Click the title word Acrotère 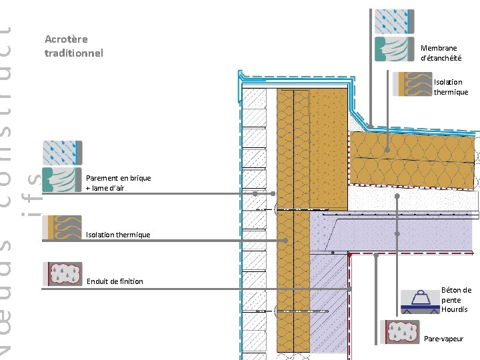tap(66, 39)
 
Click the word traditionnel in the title tap(74, 52)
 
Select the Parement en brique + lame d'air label tap(119, 183)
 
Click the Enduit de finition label tap(115, 281)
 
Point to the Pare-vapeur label tap(443, 339)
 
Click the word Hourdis tap(454, 309)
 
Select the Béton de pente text tap(456, 295)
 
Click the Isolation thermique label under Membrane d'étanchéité tap(451, 87)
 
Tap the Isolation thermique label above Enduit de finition tap(118, 235)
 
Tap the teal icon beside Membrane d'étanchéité tap(395, 50)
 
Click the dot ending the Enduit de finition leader tap(349, 289)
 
